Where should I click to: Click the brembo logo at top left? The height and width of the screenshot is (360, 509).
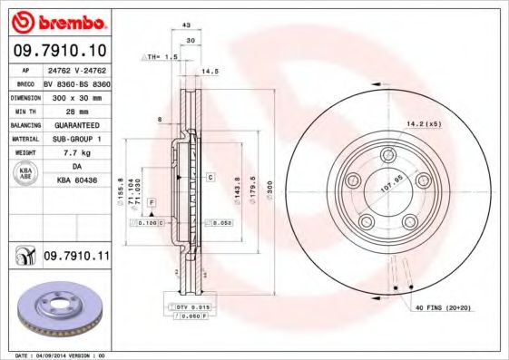click(59, 21)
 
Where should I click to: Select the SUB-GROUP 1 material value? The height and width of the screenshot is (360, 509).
click(75, 139)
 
